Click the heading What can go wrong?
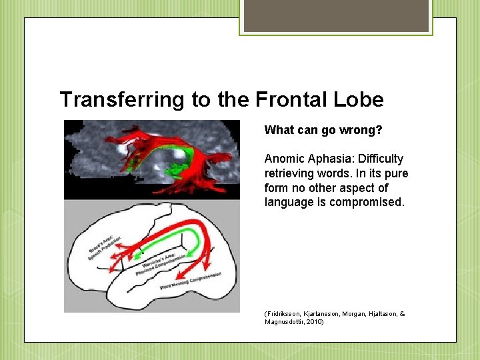(323, 129)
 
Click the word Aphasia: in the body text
(331, 159)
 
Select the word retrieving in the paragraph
(289, 173)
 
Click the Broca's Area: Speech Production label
(104, 246)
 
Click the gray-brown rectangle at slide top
(336, 16)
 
